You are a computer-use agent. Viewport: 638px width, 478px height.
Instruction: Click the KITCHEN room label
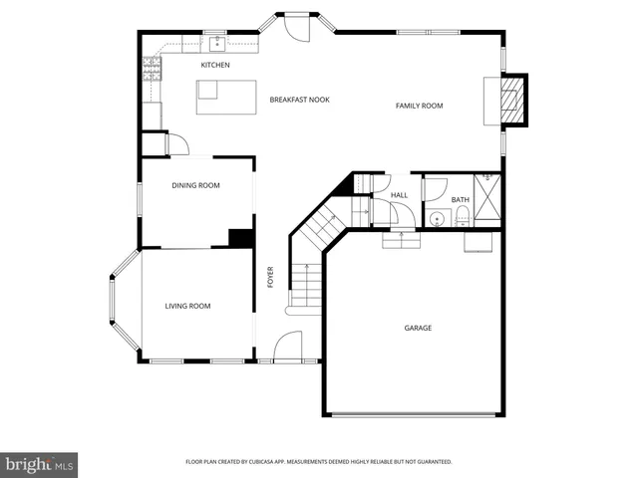click(x=215, y=66)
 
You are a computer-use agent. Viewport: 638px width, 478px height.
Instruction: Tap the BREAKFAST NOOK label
click(x=299, y=100)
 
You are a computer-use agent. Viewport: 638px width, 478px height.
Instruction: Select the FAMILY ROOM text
click(x=419, y=106)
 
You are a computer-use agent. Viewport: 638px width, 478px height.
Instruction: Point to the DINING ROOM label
click(x=195, y=185)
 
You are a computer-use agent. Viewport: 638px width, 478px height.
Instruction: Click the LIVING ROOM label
click(x=187, y=306)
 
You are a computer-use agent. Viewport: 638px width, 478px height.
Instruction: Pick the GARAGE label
click(x=418, y=328)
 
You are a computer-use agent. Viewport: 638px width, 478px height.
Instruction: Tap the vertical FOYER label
click(x=270, y=278)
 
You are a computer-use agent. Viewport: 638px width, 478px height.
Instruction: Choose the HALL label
click(x=399, y=195)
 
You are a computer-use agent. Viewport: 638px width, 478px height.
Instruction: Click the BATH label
click(x=460, y=200)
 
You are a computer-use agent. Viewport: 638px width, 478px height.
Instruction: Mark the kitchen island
click(x=207, y=90)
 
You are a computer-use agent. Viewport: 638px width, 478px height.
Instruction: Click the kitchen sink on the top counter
click(x=214, y=44)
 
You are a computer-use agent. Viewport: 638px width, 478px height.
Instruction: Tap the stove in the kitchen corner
click(x=153, y=69)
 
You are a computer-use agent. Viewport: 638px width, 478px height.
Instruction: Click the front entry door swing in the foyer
click(x=287, y=346)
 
